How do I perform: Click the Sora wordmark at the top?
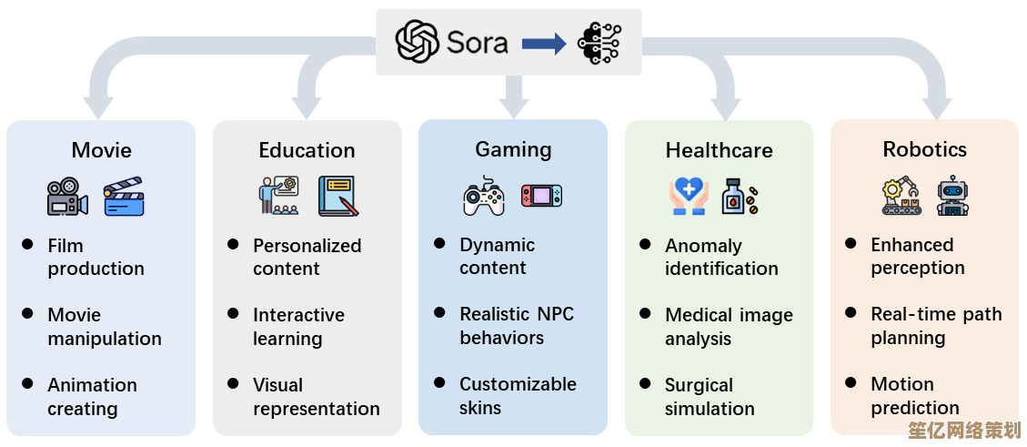point(477,42)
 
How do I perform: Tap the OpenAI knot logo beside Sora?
point(417,42)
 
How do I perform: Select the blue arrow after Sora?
point(544,43)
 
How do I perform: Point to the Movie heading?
point(101,150)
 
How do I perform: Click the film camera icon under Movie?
point(67,197)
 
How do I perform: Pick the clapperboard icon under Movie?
point(124,196)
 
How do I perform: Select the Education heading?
point(307,150)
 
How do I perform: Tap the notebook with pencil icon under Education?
point(338,197)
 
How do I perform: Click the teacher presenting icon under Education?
point(278,196)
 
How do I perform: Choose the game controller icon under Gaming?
point(484,196)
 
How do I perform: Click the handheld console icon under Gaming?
point(541,195)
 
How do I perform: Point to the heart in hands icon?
point(689,196)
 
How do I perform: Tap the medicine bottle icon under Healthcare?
point(739,196)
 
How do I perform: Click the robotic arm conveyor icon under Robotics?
point(901,195)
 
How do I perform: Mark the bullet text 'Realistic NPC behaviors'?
point(517,326)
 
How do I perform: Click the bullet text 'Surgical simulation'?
point(710,397)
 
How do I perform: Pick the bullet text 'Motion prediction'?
point(914,396)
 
